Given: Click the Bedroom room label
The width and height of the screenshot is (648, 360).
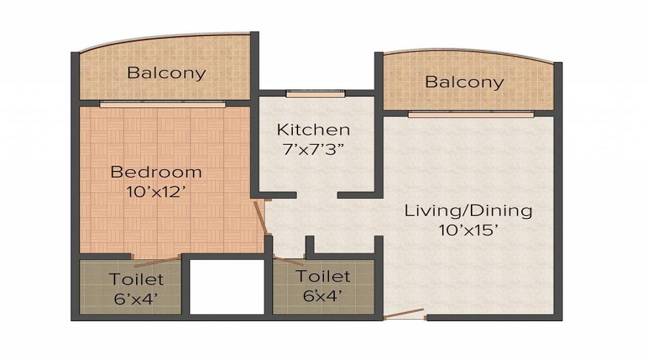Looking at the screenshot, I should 156,172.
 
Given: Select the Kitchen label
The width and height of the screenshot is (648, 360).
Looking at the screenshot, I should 314,130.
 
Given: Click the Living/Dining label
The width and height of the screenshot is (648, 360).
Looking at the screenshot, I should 468,211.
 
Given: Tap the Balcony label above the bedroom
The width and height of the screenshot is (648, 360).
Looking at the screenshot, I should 166,73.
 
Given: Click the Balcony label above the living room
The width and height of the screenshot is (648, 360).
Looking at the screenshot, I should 464,81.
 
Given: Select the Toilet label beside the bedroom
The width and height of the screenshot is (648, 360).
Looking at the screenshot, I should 136,279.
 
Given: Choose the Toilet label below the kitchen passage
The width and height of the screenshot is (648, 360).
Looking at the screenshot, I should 323,276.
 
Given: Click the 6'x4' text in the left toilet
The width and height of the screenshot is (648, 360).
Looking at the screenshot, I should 136,297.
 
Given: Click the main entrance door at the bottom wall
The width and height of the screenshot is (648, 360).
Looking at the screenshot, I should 405,313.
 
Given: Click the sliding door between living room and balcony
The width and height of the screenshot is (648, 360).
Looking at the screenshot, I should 471,114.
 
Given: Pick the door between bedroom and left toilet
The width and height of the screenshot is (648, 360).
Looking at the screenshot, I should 155,256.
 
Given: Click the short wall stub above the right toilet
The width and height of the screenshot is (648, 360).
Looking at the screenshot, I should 308,246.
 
